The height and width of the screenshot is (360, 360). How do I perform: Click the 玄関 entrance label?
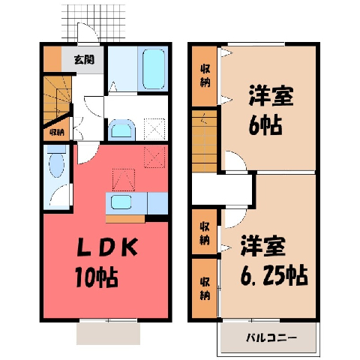[x=84, y=60]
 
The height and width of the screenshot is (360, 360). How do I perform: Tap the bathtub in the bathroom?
[x=154, y=69]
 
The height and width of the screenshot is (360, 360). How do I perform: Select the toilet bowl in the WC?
[x=56, y=165]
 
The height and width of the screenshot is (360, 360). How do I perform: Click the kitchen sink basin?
[x=121, y=202]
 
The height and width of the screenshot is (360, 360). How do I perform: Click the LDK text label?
[x=107, y=247]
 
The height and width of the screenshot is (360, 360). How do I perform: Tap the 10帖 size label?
[x=97, y=277]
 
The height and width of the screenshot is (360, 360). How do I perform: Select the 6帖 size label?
[x=265, y=124]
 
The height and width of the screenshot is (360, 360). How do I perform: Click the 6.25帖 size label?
[x=274, y=275]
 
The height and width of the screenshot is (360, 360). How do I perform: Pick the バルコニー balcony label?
[x=271, y=338]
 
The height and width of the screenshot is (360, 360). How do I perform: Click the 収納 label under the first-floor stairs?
[x=57, y=132]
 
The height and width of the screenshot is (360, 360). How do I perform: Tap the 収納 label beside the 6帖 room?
[x=205, y=76]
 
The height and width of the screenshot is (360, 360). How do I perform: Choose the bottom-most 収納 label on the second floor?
[x=205, y=289]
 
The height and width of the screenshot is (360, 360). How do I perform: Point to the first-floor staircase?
[x=58, y=99]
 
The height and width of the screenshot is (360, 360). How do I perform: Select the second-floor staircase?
[x=204, y=141]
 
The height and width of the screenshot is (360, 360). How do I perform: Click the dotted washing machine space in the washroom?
[x=154, y=129]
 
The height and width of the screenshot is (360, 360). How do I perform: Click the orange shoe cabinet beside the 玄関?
[x=52, y=59]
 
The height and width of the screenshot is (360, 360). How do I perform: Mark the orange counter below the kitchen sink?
[x=125, y=219]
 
